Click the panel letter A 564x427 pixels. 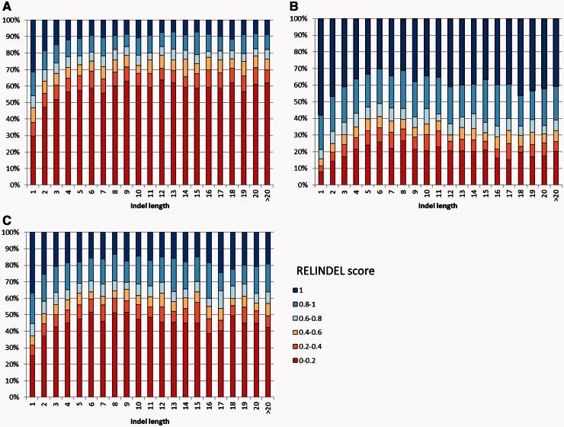tap(6, 6)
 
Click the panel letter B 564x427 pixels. tap(293, 6)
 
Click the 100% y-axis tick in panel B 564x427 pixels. tap(297, 18)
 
